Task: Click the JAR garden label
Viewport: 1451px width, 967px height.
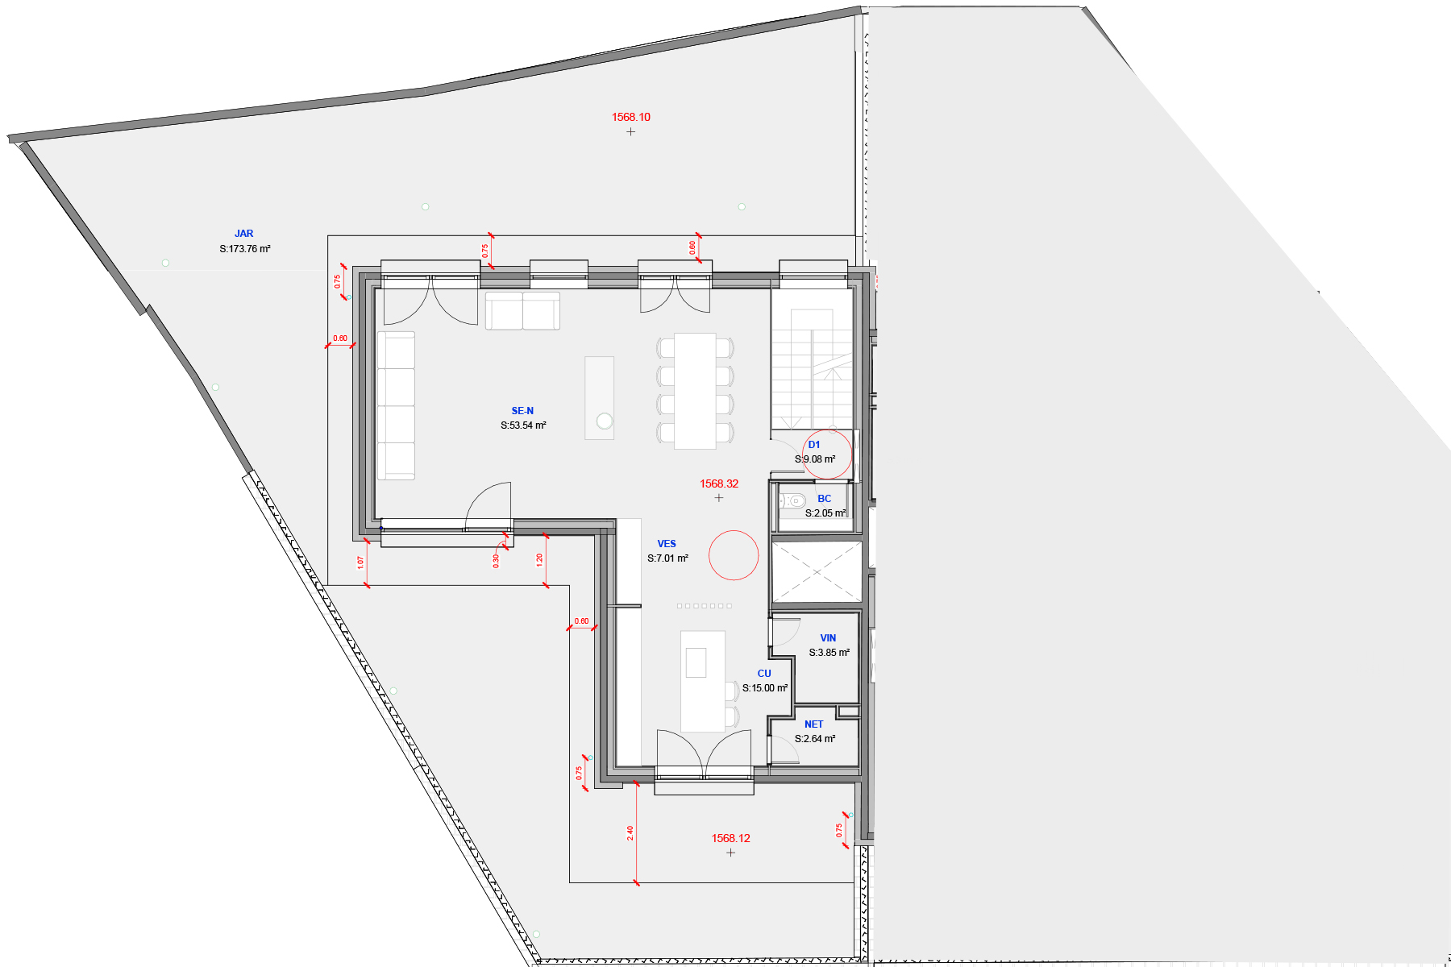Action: (243, 234)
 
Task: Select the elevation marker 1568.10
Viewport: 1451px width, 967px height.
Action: (630, 118)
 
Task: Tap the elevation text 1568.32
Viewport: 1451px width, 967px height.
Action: (719, 484)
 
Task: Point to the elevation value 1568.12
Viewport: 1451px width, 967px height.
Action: (730, 839)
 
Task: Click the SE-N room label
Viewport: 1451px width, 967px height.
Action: (522, 411)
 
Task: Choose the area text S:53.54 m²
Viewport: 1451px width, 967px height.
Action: (523, 425)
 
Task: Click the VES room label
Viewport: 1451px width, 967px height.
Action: (667, 544)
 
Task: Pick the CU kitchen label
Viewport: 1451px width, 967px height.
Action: (764, 674)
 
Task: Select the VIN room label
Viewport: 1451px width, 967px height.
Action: (828, 638)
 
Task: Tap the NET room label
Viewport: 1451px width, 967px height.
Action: (813, 724)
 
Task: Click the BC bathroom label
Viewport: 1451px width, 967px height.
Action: (824, 499)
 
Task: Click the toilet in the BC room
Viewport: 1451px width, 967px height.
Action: (792, 500)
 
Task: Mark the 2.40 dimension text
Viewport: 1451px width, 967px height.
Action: (630, 833)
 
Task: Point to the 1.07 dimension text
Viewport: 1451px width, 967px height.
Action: (360, 562)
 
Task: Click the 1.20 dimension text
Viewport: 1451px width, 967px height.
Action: (539, 558)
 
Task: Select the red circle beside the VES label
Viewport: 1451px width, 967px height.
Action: (734, 555)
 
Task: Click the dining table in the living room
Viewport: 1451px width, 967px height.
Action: (695, 391)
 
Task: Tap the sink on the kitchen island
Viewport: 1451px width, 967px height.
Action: (696, 662)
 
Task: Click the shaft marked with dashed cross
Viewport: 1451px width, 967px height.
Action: (817, 572)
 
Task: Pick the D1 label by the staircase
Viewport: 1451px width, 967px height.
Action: (814, 445)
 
